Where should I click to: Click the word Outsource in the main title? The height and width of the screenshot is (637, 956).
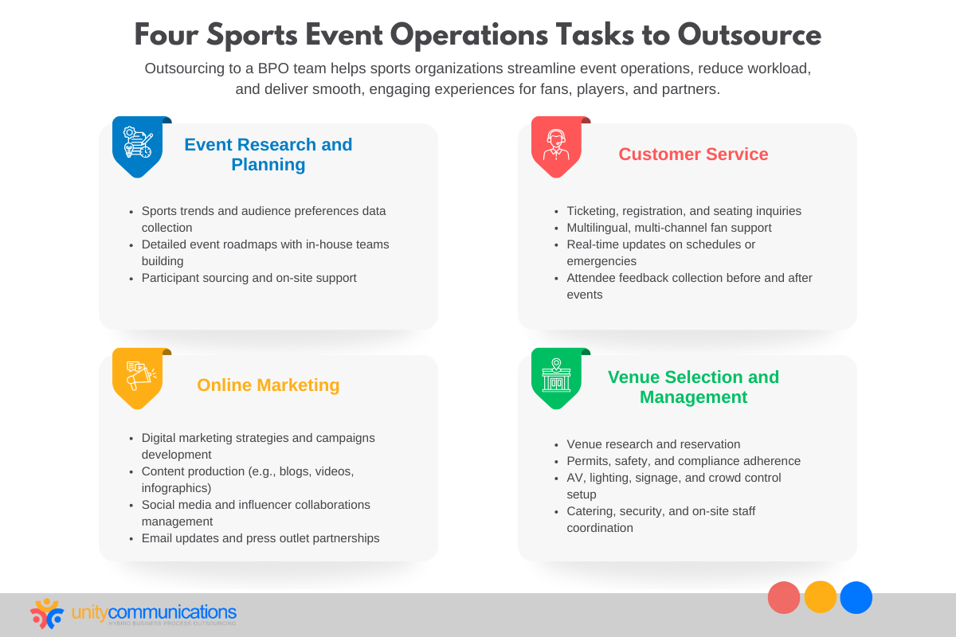click(x=749, y=35)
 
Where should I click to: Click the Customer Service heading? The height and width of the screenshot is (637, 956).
click(x=693, y=154)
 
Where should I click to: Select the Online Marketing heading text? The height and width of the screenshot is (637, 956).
click(x=268, y=385)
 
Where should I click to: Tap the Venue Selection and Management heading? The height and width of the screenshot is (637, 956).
click(x=693, y=387)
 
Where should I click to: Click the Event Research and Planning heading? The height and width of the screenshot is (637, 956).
click(x=268, y=154)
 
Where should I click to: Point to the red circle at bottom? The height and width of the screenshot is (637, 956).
click(x=784, y=597)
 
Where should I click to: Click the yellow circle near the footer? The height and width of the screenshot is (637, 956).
click(x=821, y=597)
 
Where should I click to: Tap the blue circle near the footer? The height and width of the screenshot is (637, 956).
click(x=856, y=597)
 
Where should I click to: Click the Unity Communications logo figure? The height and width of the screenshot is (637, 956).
click(x=47, y=613)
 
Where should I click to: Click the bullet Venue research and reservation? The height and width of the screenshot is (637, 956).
click(x=653, y=444)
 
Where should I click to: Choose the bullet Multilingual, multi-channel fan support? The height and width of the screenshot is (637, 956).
click(x=668, y=228)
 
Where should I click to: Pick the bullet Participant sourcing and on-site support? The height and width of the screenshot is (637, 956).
click(x=249, y=278)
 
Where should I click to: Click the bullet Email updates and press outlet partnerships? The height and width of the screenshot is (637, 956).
click(x=261, y=538)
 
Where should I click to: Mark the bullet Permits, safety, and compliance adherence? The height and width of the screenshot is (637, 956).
click(x=684, y=461)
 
